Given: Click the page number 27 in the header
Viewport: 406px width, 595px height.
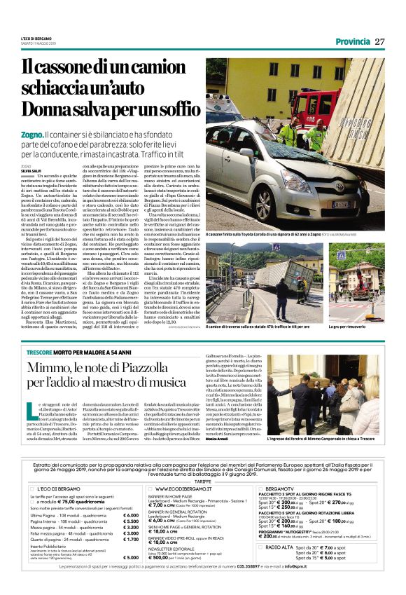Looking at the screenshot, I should [380, 41].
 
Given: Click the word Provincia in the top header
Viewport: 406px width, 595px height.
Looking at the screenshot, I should [352, 41].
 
